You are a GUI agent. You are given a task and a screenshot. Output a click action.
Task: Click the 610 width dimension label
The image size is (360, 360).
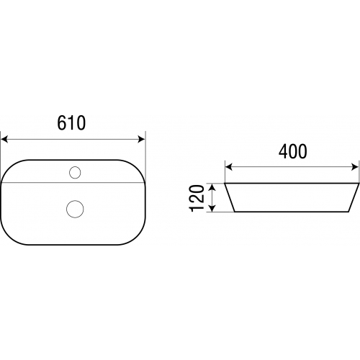[x=71, y=123]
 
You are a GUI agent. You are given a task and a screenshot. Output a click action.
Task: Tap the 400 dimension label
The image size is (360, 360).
[x=292, y=151]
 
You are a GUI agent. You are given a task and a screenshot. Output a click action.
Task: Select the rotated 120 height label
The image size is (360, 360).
[x=197, y=198]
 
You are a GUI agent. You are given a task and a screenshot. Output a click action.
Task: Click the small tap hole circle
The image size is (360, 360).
[x=75, y=173]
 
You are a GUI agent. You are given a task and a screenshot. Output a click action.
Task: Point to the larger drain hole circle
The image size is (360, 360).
[x=75, y=209]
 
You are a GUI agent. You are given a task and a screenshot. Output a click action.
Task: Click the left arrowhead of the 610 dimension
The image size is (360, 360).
[x=4, y=139]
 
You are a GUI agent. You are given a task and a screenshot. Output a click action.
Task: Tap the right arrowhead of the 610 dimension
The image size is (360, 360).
[x=142, y=139]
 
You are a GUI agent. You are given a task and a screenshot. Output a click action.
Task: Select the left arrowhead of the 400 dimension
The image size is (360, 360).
[x=229, y=167]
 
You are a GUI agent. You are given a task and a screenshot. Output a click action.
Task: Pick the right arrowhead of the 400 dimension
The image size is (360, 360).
[x=355, y=167]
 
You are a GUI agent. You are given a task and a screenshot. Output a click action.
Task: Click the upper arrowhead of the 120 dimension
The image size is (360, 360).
[x=212, y=187]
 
